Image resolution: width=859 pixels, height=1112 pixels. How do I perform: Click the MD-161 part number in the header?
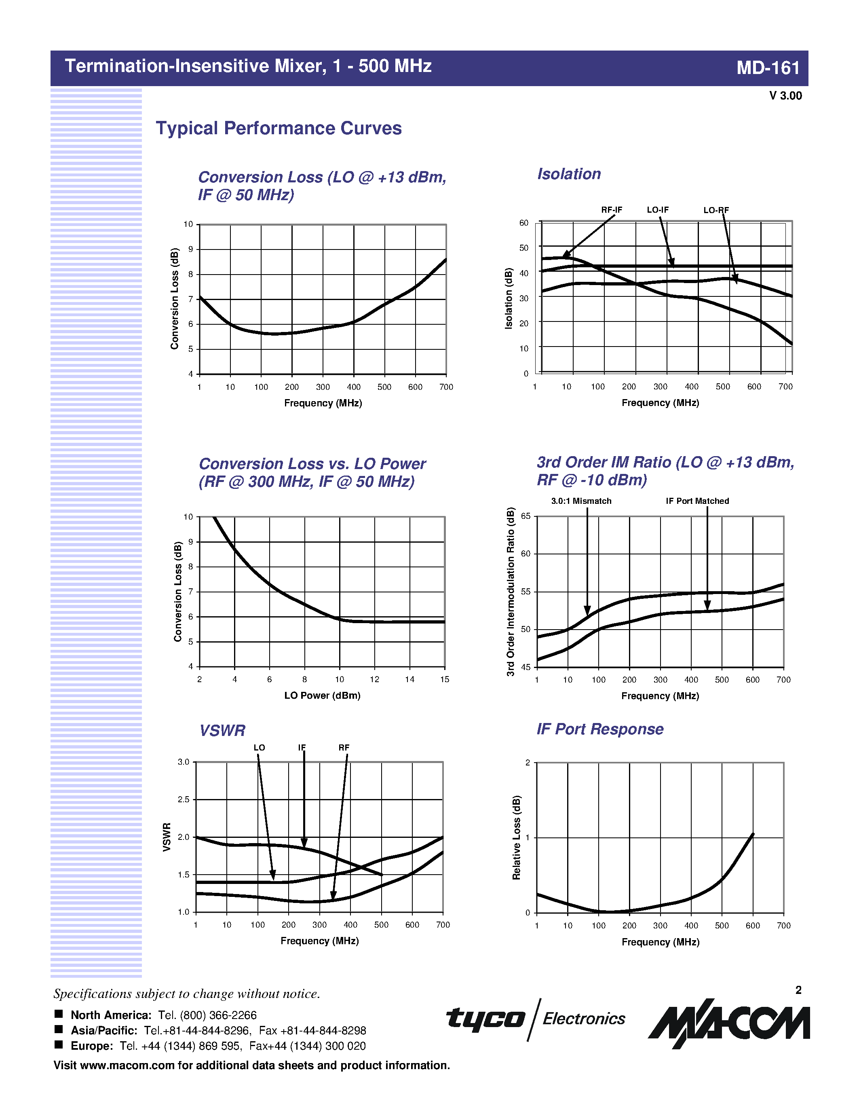point(768,68)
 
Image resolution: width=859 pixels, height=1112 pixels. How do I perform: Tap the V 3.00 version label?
point(785,96)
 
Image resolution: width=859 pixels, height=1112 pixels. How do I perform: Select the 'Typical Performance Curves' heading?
point(279,128)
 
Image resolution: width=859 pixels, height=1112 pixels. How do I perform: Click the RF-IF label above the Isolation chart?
point(611,210)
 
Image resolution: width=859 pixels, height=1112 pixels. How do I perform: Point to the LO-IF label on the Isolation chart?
point(657,210)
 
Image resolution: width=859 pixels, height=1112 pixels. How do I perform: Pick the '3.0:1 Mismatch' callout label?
point(581,501)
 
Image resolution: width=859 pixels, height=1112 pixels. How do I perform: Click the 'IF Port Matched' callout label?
point(697,501)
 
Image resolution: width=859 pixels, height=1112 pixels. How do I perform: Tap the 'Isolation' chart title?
point(569,174)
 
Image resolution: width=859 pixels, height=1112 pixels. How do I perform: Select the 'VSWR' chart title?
point(222,731)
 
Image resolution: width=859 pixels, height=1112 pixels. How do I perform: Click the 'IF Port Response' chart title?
point(600,729)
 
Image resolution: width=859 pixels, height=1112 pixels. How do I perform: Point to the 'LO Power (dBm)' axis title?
point(322,696)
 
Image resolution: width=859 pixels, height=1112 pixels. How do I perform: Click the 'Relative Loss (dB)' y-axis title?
point(517,837)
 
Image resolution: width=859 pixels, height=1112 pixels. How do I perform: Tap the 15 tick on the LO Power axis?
point(444,679)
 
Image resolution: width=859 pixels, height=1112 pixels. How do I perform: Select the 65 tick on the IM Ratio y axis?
point(526,516)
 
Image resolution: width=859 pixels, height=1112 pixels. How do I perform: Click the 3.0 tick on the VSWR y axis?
point(183,762)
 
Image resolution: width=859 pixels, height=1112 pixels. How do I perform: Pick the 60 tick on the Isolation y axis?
point(523,223)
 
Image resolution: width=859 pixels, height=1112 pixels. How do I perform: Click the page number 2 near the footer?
point(798,990)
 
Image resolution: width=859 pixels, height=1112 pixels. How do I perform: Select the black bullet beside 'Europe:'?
point(59,1045)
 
